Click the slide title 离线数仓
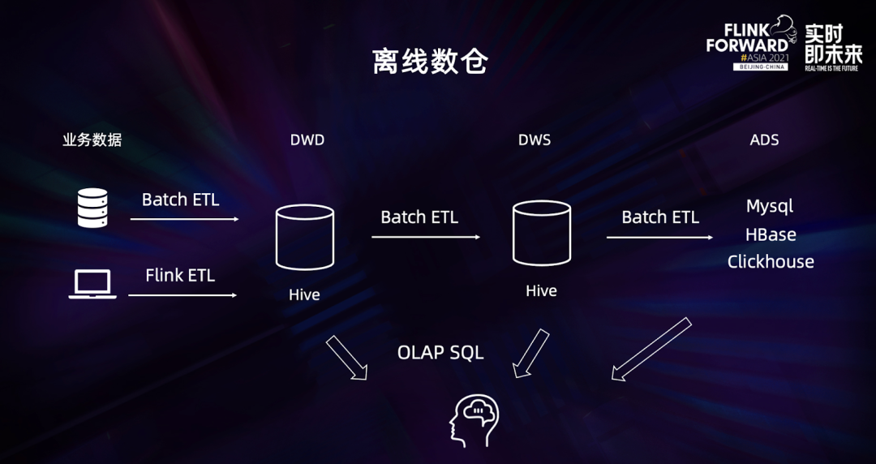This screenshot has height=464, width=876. (x=430, y=62)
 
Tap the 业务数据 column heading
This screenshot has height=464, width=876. (x=92, y=140)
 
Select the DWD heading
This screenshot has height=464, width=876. (x=307, y=140)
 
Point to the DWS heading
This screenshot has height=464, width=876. (x=535, y=140)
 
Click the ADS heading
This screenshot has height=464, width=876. (x=764, y=140)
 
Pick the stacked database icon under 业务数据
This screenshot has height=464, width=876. (x=92, y=208)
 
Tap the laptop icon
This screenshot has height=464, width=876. (x=92, y=284)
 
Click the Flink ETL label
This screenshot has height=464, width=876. (x=180, y=275)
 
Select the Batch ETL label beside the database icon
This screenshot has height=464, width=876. (x=180, y=199)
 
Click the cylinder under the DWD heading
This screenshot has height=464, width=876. (x=305, y=237)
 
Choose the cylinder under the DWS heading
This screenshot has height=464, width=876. (x=542, y=233)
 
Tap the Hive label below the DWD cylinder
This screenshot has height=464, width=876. (x=304, y=294)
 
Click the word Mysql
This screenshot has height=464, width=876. (x=770, y=206)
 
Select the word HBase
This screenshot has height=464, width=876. (x=771, y=234)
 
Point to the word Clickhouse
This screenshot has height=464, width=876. (x=771, y=261)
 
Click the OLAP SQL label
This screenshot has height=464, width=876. (x=440, y=352)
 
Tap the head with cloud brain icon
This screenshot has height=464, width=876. (x=474, y=420)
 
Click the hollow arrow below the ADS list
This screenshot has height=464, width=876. (x=651, y=350)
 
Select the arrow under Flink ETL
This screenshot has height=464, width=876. (x=182, y=295)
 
